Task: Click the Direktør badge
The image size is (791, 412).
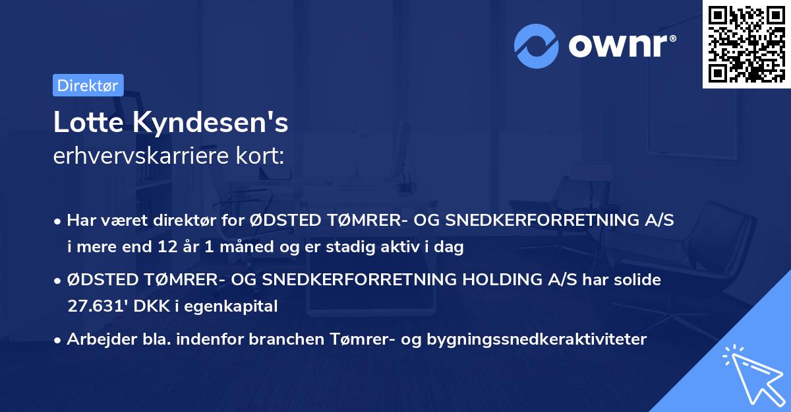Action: pos(88,85)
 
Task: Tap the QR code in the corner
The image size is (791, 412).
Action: pos(746,44)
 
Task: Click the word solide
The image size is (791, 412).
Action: pos(634,279)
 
